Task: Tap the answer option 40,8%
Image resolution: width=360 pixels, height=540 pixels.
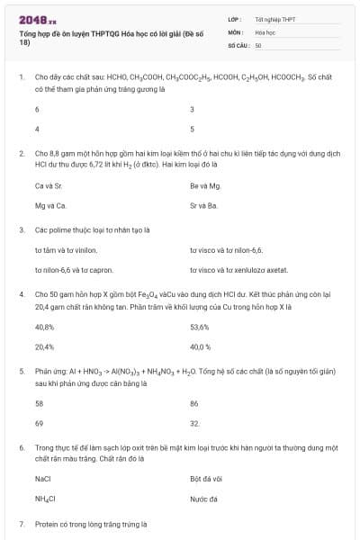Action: point(44,327)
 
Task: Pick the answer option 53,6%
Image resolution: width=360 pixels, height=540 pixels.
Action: point(200,327)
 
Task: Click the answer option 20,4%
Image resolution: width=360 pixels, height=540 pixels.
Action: point(44,346)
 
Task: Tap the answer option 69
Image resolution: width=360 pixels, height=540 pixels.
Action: point(39,423)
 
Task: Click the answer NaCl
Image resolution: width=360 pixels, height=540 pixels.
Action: point(42,479)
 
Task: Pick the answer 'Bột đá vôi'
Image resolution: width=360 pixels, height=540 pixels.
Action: point(206,479)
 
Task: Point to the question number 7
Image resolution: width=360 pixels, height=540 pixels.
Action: point(22,523)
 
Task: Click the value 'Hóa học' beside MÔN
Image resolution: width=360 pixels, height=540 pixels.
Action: point(265,31)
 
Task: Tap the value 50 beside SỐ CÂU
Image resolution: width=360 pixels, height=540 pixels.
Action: point(258,44)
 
